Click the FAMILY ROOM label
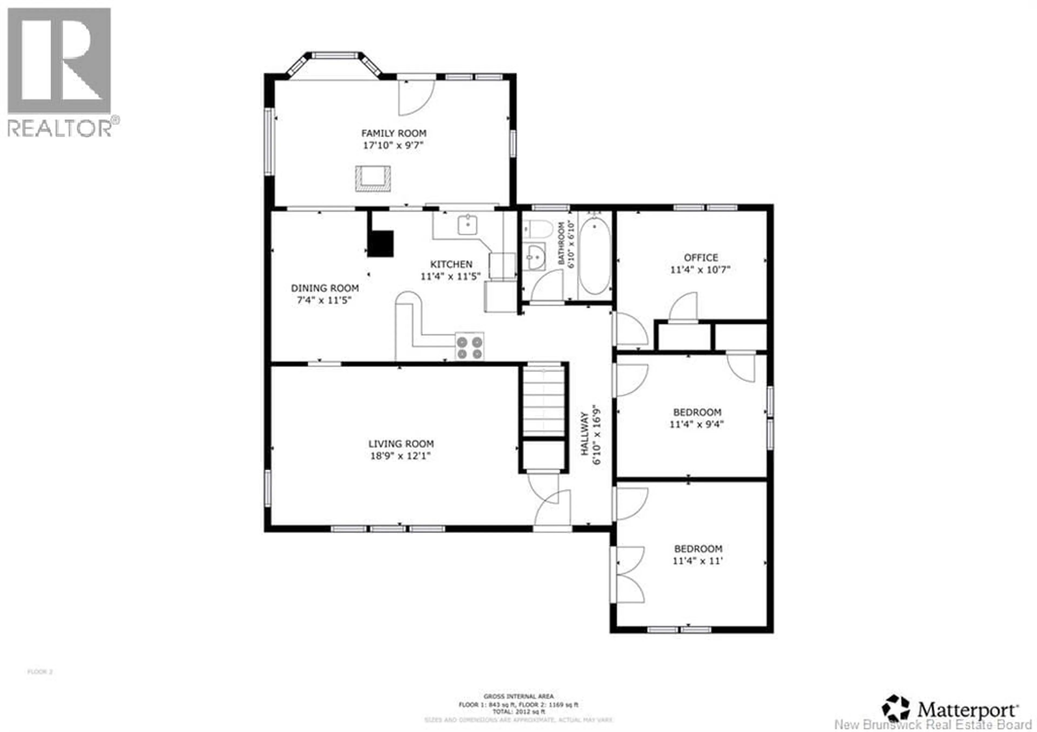coord(393,133)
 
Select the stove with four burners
coord(469,346)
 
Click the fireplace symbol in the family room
coord(373,179)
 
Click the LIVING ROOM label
coord(400,444)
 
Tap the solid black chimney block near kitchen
coord(380,244)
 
